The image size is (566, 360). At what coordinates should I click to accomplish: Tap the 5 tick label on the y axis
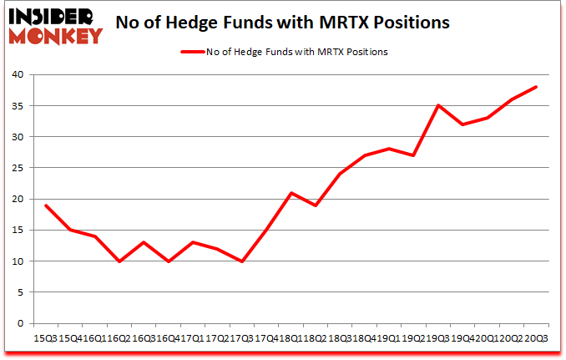(23, 292)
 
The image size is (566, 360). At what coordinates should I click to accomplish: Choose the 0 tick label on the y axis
(23, 324)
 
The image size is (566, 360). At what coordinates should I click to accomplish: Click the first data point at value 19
(46, 205)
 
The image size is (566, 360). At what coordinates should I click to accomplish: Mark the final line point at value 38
(536, 87)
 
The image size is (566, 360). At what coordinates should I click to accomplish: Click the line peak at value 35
(438, 105)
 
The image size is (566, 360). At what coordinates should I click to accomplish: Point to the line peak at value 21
(291, 193)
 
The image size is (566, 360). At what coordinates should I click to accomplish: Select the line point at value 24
(340, 174)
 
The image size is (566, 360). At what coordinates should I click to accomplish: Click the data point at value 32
(462, 124)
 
